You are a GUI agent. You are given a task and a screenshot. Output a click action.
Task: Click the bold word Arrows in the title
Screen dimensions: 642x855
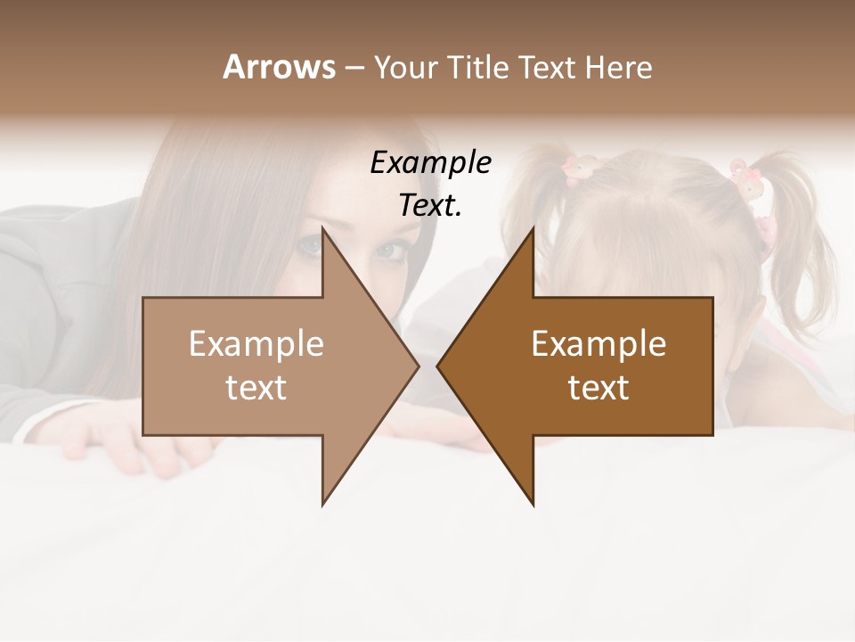click(x=278, y=67)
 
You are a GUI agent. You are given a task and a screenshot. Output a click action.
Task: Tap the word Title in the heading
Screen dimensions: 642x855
click(x=478, y=67)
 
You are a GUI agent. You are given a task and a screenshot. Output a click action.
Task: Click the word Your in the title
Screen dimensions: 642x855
click(x=405, y=68)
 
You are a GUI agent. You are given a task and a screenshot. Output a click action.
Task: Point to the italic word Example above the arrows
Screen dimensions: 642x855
click(x=430, y=163)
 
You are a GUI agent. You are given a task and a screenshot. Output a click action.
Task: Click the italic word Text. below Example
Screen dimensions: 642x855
click(x=430, y=206)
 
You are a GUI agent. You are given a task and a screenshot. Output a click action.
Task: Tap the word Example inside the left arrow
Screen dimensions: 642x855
click(x=256, y=343)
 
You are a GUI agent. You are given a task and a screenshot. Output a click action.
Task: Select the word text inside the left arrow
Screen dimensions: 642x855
click(x=256, y=387)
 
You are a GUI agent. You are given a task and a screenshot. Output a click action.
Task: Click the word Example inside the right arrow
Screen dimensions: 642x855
click(x=598, y=343)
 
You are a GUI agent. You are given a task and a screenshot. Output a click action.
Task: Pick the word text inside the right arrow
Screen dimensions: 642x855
click(x=598, y=387)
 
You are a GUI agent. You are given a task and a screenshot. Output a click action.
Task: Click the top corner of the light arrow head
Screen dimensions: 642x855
click(x=323, y=229)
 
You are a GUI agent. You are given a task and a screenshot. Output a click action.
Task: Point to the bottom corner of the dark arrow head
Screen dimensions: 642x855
click(x=533, y=504)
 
